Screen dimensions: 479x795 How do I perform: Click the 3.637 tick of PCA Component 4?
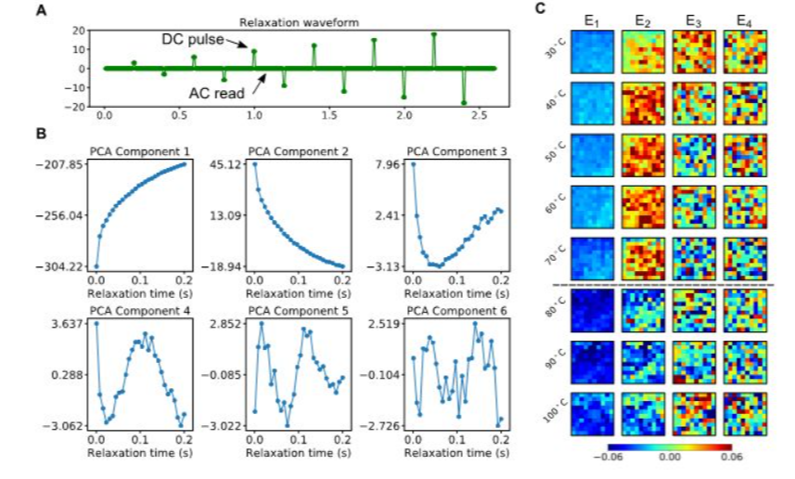pyautogui.click(x=70, y=323)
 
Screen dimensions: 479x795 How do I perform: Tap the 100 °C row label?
pyautogui.click(x=556, y=415)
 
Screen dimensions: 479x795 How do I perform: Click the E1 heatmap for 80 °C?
pyautogui.click(x=592, y=312)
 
